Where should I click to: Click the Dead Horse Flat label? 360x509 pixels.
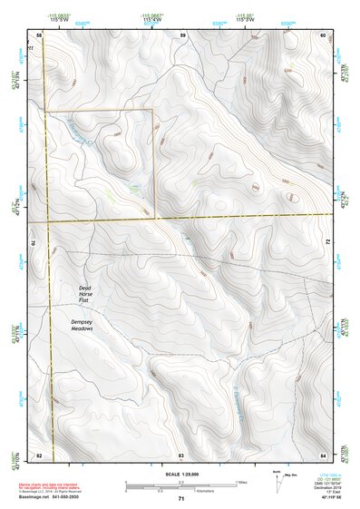coord(84,293)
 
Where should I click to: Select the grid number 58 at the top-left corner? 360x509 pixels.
coord(39,34)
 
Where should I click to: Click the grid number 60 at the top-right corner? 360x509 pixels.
coord(323,34)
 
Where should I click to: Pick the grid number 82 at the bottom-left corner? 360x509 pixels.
coord(39,453)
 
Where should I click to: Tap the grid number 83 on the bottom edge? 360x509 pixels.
coord(181,453)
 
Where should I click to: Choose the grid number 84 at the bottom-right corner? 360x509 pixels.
coord(323,453)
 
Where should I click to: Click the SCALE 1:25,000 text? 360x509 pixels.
coord(181,474)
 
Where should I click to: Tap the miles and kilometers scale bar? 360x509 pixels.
coord(181,485)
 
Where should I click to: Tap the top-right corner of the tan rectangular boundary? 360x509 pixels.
coord(153,110)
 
